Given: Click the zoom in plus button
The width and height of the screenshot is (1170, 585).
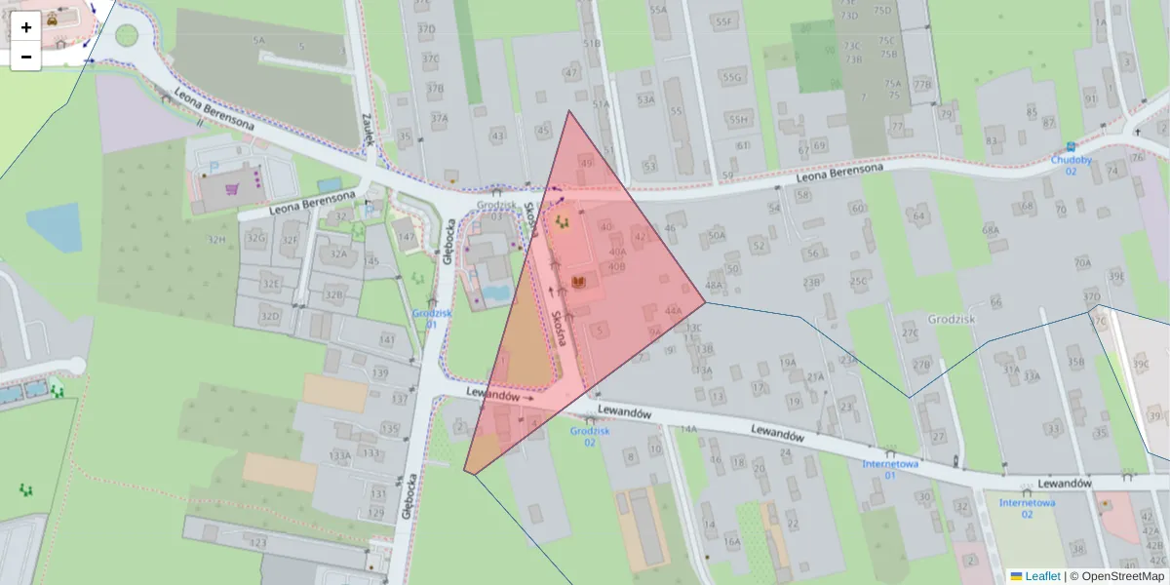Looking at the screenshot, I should (x=26, y=27).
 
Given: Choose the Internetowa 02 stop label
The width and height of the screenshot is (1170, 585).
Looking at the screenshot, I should (x=1027, y=508).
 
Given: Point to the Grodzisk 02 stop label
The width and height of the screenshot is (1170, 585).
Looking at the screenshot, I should (x=590, y=436).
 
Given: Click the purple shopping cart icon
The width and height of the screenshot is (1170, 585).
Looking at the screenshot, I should (x=233, y=188).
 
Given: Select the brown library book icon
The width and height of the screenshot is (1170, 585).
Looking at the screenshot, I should (x=579, y=283).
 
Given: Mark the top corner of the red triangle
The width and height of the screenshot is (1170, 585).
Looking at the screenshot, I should (x=569, y=111).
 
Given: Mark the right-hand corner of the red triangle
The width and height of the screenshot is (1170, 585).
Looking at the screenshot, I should (x=705, y=301).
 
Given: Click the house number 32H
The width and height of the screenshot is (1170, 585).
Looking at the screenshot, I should (x=215, y=239).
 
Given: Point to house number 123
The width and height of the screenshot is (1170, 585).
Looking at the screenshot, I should (x=258, y=543).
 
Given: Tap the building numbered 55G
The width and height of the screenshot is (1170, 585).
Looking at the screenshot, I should (x=731, y=77).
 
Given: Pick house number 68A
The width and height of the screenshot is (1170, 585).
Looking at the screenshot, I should (x=991, y=230).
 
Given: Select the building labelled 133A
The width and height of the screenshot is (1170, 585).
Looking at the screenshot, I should (x=340, y=455).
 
